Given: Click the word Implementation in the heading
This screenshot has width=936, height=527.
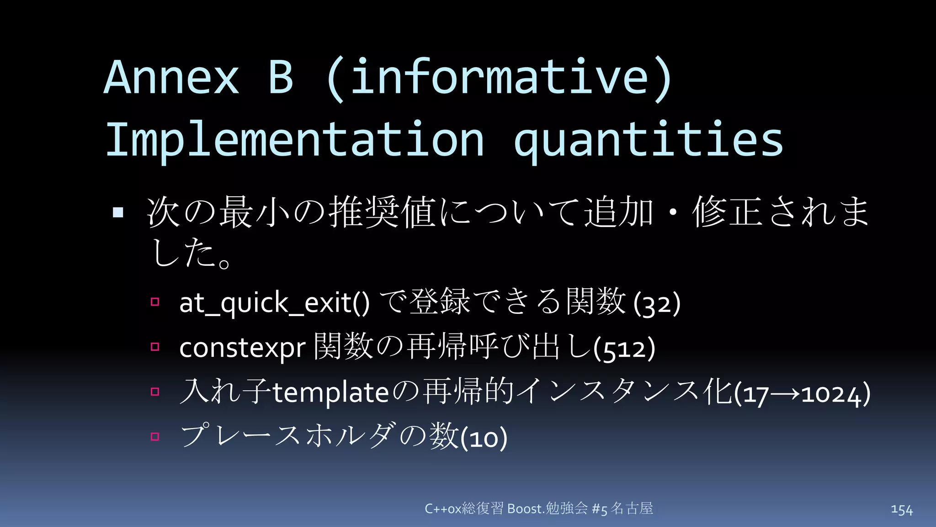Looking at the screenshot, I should (x=294, y=140).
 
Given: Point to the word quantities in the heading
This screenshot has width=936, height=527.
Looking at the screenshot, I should (x=649, y=140).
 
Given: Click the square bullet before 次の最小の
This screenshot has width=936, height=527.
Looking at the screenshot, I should (x=118, y=212).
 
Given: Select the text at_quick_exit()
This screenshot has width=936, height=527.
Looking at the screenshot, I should (x=274, y=303).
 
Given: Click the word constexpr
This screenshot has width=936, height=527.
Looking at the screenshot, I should (x=242, y=348).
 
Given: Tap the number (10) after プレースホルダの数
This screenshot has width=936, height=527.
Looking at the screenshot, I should (x=484, y=438).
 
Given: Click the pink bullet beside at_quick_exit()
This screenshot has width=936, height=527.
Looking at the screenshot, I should (x=155, y=302).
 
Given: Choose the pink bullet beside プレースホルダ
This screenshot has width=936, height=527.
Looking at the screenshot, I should (x=155, y=436).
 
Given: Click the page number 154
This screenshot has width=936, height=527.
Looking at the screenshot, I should (x=901, y=510).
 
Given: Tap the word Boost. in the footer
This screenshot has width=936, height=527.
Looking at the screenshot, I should (x=526, y=509).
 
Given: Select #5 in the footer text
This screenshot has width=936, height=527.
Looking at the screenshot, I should (x=599, y=509).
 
